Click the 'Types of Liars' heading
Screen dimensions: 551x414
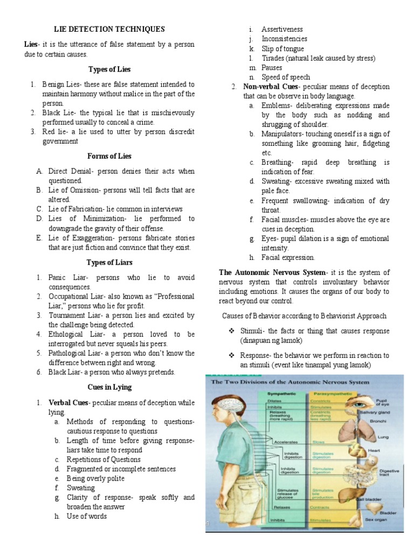click(109, 263)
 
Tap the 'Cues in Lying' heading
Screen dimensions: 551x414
click(109, 387)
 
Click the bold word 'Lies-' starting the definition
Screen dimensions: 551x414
click(33, 44)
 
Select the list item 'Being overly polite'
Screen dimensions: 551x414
click(95, 478)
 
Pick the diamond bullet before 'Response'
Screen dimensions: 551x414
click(231, 356)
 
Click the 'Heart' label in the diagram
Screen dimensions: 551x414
click(374, 450)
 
